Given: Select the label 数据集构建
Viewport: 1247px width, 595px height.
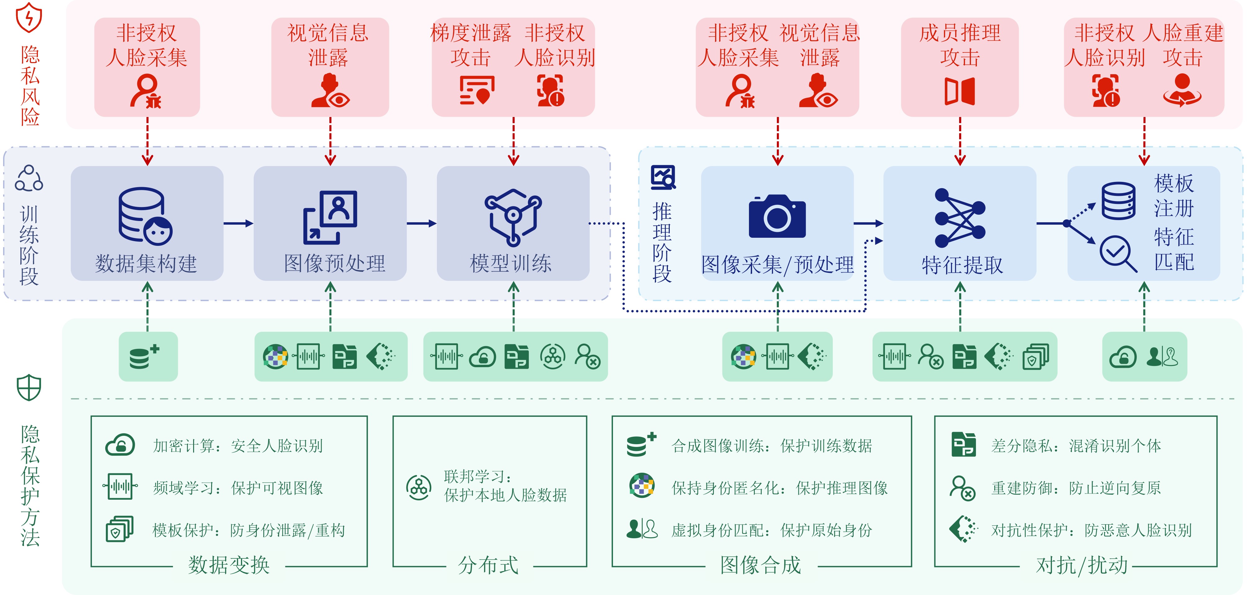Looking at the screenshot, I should tap(146, 264).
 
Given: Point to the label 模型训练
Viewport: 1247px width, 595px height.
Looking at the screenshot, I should tap(511, 264).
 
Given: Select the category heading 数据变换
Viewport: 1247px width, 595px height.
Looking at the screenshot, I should tap(229, 565).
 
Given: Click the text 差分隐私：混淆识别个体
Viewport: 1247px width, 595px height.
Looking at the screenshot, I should tap(1076, 445).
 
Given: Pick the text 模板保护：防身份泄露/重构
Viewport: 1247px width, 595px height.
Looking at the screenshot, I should tap(249, 530).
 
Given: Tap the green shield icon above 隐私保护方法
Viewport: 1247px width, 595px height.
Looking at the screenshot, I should tap(29, 387).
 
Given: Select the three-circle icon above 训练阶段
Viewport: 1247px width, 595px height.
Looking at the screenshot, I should tap(29, 178).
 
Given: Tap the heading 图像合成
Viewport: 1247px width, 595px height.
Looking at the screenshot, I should tap(760, 565).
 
